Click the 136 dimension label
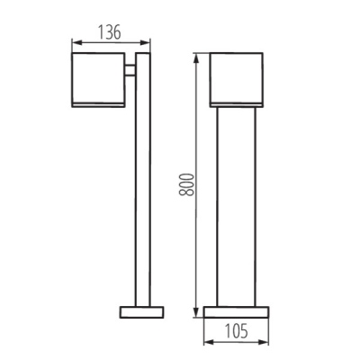tap(110, 32)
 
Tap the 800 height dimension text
tap(186, 184)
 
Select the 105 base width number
tap(237, 331)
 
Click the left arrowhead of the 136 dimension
tap(76, 42)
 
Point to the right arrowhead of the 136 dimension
tap(145, 42)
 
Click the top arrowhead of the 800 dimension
tap(196, 58)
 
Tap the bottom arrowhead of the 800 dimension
tap(196, 311)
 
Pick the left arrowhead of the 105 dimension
tap(209, 342)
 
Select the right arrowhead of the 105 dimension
tap(264, 342)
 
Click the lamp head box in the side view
tap(98, 80)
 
